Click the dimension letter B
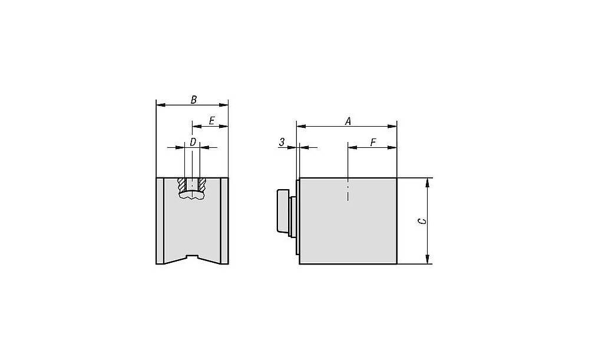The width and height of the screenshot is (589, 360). [194, 100]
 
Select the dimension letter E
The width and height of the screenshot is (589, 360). [211, 121]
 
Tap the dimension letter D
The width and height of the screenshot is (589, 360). [193, 142]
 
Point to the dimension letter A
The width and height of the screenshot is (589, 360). [348, 121]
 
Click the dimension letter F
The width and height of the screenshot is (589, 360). [373, 143]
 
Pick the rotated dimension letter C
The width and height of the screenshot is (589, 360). [422, 222]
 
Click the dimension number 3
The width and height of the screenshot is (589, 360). [282, 143]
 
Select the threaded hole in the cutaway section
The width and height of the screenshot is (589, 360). [193, 184]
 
